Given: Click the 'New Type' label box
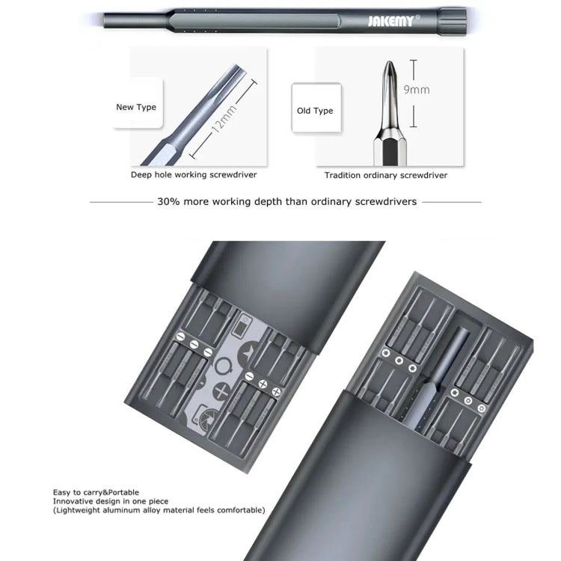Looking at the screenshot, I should (x=136, y=107).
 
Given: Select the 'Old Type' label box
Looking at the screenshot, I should (x=315, y=111).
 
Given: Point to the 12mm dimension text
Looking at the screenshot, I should (x=223, y=117).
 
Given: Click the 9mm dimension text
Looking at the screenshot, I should (x=417, y=89).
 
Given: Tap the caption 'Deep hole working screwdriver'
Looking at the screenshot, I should (x=194, y=175).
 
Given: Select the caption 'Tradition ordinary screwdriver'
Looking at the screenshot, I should (x=385, y=175).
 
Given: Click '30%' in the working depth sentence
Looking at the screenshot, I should (x=168, y=201).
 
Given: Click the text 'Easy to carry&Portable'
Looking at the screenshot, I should (x=96, y=492).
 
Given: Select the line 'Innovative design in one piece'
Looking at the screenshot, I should (x=111, y=501).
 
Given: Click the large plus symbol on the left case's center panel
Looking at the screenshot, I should (x=221, y=390).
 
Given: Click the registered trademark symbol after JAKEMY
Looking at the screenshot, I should (x=417, y=16).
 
